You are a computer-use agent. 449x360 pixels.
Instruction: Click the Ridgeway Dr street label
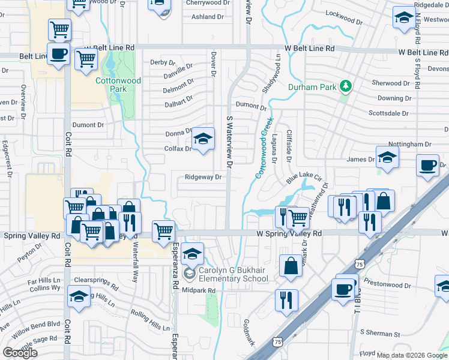203,177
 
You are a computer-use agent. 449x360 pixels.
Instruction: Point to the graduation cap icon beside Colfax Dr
203,140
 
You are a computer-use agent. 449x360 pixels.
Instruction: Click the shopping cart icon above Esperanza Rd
163,231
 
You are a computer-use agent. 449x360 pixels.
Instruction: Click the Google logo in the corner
20,353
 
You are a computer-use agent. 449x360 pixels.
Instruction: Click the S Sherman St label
379,333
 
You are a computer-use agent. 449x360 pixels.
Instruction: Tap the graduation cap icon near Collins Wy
79,297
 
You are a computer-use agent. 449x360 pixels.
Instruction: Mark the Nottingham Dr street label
410,144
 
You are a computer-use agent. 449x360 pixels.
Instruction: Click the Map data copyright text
412,355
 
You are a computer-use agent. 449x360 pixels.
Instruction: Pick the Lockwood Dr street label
343,17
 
